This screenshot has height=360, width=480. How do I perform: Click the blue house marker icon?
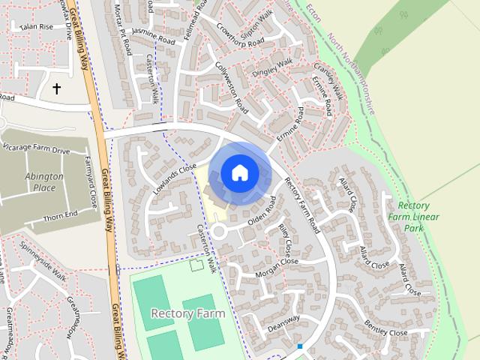pos(239,172)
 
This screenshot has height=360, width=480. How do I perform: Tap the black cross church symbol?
pos(56,88)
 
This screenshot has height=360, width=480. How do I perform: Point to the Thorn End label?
pos(61,214)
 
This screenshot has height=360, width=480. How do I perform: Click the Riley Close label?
pos(285,238)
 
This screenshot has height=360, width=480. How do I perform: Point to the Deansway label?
pos(283,324)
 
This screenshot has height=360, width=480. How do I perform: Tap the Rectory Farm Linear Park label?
pos(418,217)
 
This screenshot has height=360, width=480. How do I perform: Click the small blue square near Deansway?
pos(299,346)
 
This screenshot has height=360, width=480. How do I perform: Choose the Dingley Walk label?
pos(271,67)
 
